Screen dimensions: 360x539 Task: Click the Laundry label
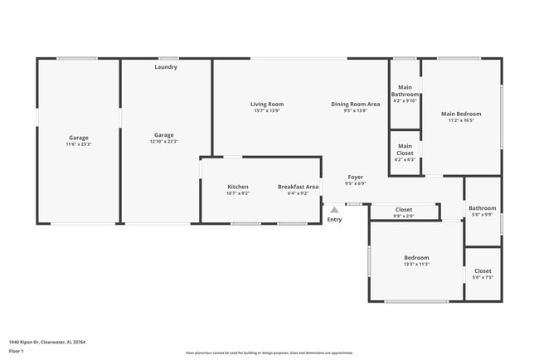(x=166, y=67)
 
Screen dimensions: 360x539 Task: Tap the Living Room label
(x=267, y=104)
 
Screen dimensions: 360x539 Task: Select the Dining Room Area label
(x=355, y=104)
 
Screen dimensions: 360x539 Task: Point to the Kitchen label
(x=238, y=187)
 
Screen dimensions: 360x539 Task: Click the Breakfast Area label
(x=298, y=187)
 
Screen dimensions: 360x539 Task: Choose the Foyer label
(x=355, y=177)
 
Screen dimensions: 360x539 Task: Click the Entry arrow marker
(x=334, y=210)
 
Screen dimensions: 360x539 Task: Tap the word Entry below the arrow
(x=334, y=220)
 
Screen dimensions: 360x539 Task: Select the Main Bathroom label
(x=405, y=90)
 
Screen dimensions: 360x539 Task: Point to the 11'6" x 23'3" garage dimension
(x=79, y=144)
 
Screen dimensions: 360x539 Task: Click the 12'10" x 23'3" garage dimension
(x=163, y=142)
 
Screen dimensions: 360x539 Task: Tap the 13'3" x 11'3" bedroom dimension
(x=416, y=265)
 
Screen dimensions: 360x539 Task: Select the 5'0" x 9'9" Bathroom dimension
(x=482, y=215)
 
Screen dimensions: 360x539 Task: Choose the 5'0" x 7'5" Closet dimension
(x=483, y=278)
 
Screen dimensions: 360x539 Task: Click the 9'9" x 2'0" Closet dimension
(x=404, y=216)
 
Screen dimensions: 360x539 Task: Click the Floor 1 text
(x=17, y=352)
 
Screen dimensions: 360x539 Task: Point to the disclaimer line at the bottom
(x=269, y=353)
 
